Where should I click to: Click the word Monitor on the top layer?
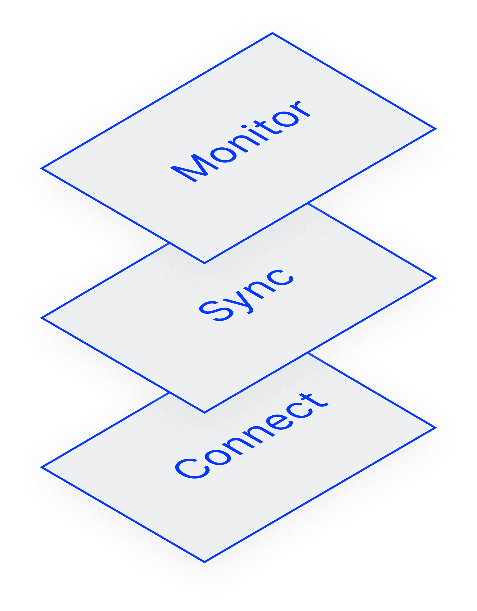pyautogui.click(x=241, y=141)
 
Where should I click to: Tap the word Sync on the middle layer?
pyautogui.click(x=246, y=295)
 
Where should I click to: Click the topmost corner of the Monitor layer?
pyautogui.click(x=272, y=33)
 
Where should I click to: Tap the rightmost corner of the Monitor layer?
pyautogui.click(x=436, y=129)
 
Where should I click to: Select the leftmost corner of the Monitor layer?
pyautogui.click(x=41, y=168)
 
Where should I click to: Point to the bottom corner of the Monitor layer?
pyautogui.click(x=204, y=263)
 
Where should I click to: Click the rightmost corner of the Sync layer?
pyautogui.click(x=436, y=278)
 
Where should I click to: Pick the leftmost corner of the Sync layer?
pyautogui.click(x=41, y=318)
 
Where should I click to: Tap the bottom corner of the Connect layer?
pyautogui.click(x=204, y=562)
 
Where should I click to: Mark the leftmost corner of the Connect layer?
pyautogui.click(x=41, y=467)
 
